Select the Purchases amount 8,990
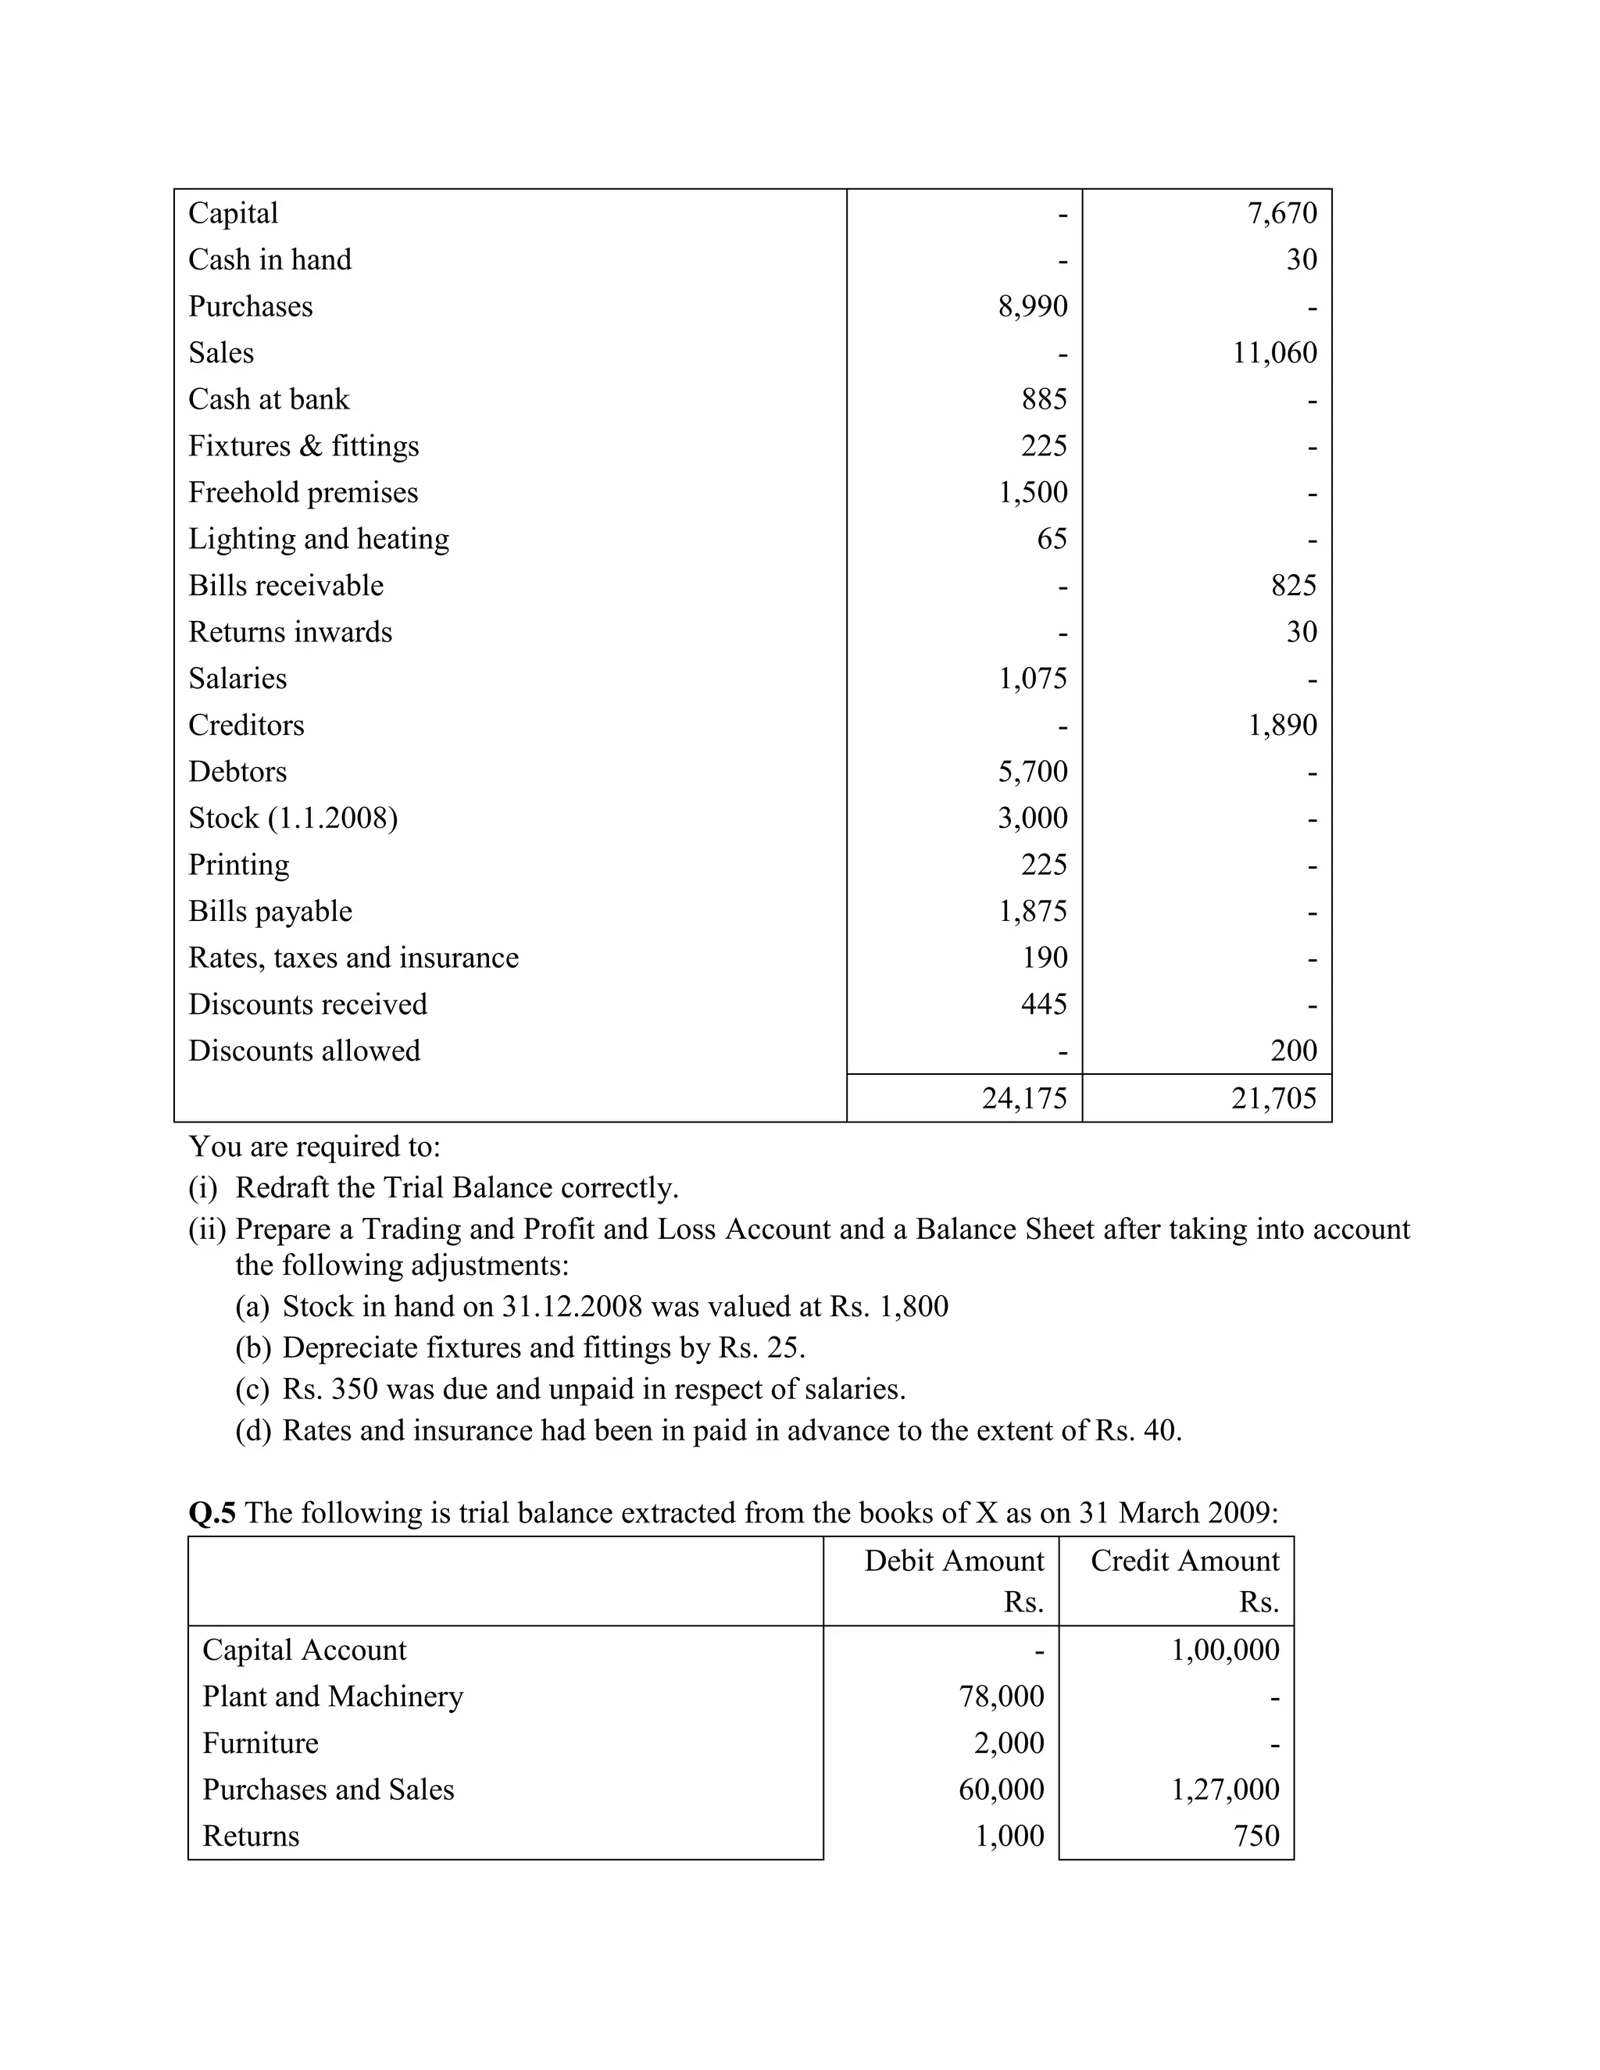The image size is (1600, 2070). coord(1032,306)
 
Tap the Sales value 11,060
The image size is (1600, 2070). coord(1274,352)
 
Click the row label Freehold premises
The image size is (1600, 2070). coord(302,493)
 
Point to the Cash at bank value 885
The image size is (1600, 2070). coord(1044,399)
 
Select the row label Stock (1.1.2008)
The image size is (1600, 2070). coord(293,818)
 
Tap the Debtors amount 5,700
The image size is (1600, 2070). coord(1032,772)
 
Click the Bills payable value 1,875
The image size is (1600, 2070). coord(1032,911)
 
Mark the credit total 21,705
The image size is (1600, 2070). coord(1274,1097)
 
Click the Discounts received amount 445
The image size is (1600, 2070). coord(1044,1004)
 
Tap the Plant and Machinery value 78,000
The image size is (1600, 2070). coord(1001,1696)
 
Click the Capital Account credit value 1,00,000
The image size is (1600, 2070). coord(1225,1649)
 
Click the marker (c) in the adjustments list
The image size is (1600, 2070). coord(252,1390)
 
